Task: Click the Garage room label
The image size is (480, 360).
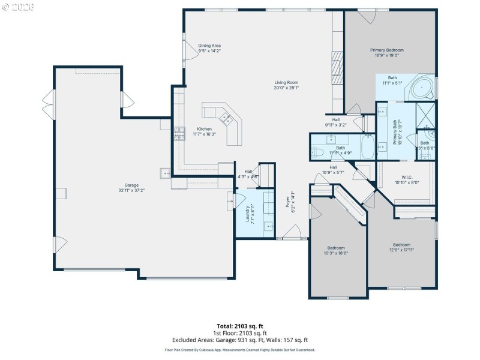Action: [x=131, y=185]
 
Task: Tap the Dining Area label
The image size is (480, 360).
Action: [x=210, y=46]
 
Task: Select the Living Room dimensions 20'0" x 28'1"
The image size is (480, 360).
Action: [x=286, y=88]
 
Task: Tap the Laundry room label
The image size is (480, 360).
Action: [x=247, y=214]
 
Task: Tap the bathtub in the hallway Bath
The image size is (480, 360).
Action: [x=368, y=146]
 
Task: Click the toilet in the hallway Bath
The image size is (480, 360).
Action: [x=316, y=152]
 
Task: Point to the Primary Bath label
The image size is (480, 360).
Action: [x=395, y=131]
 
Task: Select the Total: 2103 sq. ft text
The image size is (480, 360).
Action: [x=239, y=326]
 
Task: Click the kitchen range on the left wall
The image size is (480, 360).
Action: [x=179, y=133]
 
